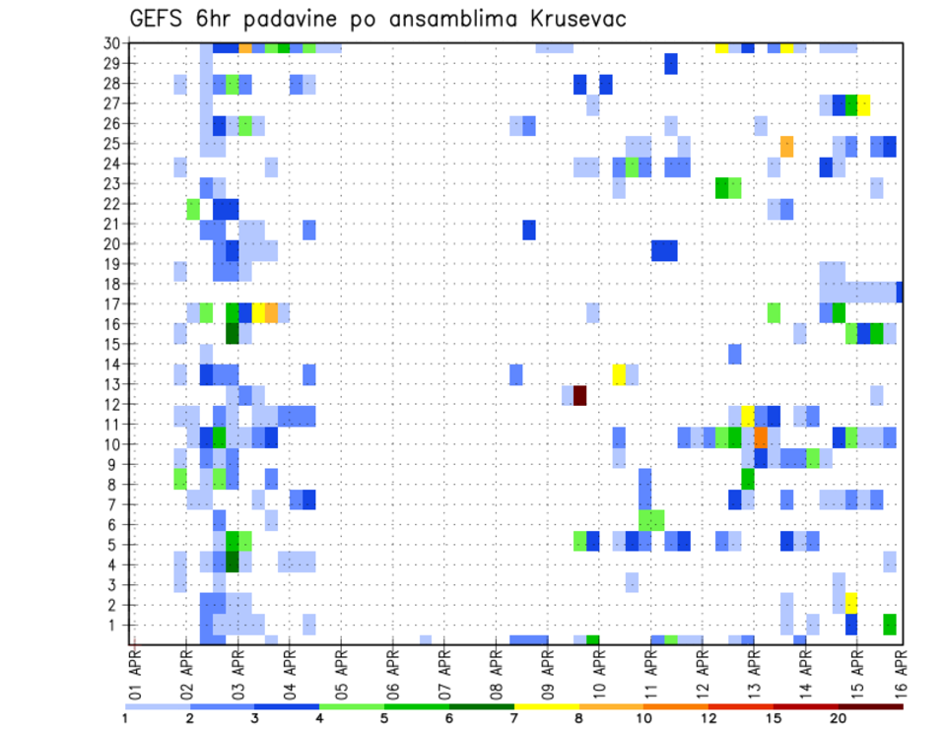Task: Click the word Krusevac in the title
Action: click(568, 19)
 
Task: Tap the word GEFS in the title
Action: click(162, 19)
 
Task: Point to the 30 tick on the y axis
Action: click(112, 43)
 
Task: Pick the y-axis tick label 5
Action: click(116, 545)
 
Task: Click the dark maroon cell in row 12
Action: click(580, 395)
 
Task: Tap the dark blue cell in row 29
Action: click(671, 63)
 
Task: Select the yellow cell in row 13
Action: click(619, 374)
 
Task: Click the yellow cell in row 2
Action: click(851, 602)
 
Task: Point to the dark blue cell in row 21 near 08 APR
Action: click(529, 230)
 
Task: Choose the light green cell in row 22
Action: click(193, 209)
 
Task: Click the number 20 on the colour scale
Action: click(838, 718)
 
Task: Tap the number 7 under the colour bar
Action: click(514, 718)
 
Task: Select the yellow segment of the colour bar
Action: click(546, 706)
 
